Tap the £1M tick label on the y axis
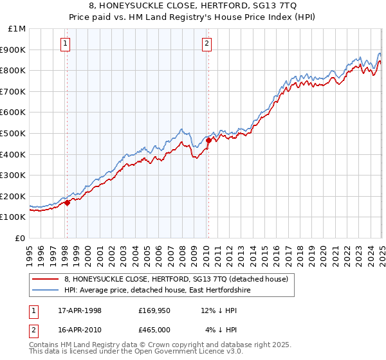[x=17, y=29]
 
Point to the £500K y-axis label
[x=14, y=134]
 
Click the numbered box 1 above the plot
[x=66, y=44]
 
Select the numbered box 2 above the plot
[x=207, y=44]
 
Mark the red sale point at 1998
[x=67, y=203]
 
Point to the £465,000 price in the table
[x=154, y=330]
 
